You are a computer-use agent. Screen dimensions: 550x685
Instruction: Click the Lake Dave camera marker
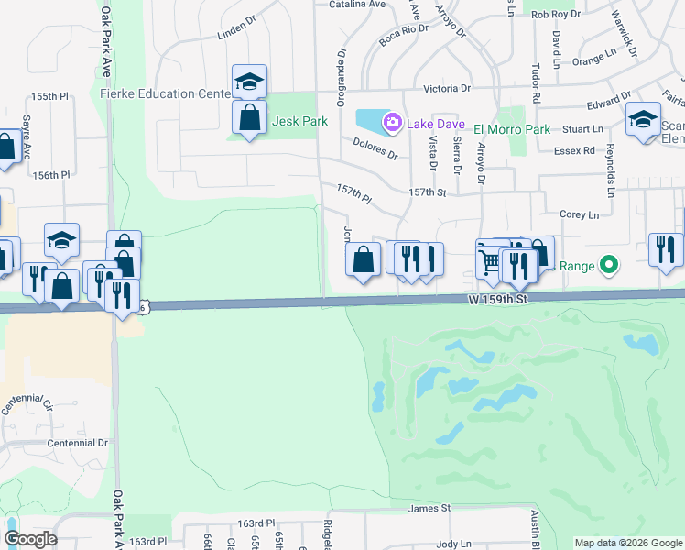[x=393, y=121]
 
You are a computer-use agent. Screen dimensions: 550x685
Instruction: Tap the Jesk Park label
[x=299, y=121]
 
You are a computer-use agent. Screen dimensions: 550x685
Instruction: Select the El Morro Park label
[x=513, y=129]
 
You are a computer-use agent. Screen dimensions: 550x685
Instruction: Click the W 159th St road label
[x=498, y=300]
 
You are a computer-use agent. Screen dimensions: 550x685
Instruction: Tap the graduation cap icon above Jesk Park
[x=249, y=82]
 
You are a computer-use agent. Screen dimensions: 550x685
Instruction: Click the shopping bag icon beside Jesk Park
[x=249, y=117]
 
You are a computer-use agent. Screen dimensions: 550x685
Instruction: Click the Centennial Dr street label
[x=78, y=443]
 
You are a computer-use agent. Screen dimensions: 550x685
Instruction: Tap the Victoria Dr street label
[x=447, y=89]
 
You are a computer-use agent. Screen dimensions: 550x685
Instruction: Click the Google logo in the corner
[x=29, y=539]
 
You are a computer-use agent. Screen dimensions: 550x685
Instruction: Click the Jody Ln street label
[x=453, y=543]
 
